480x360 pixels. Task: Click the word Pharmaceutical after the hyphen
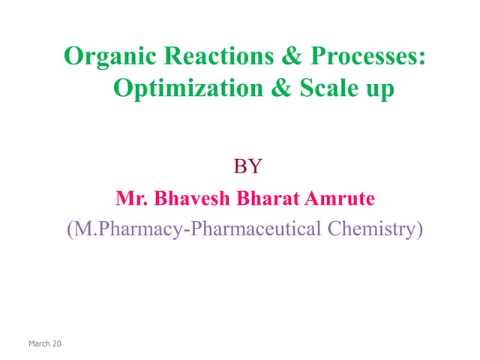pos(257,229)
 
